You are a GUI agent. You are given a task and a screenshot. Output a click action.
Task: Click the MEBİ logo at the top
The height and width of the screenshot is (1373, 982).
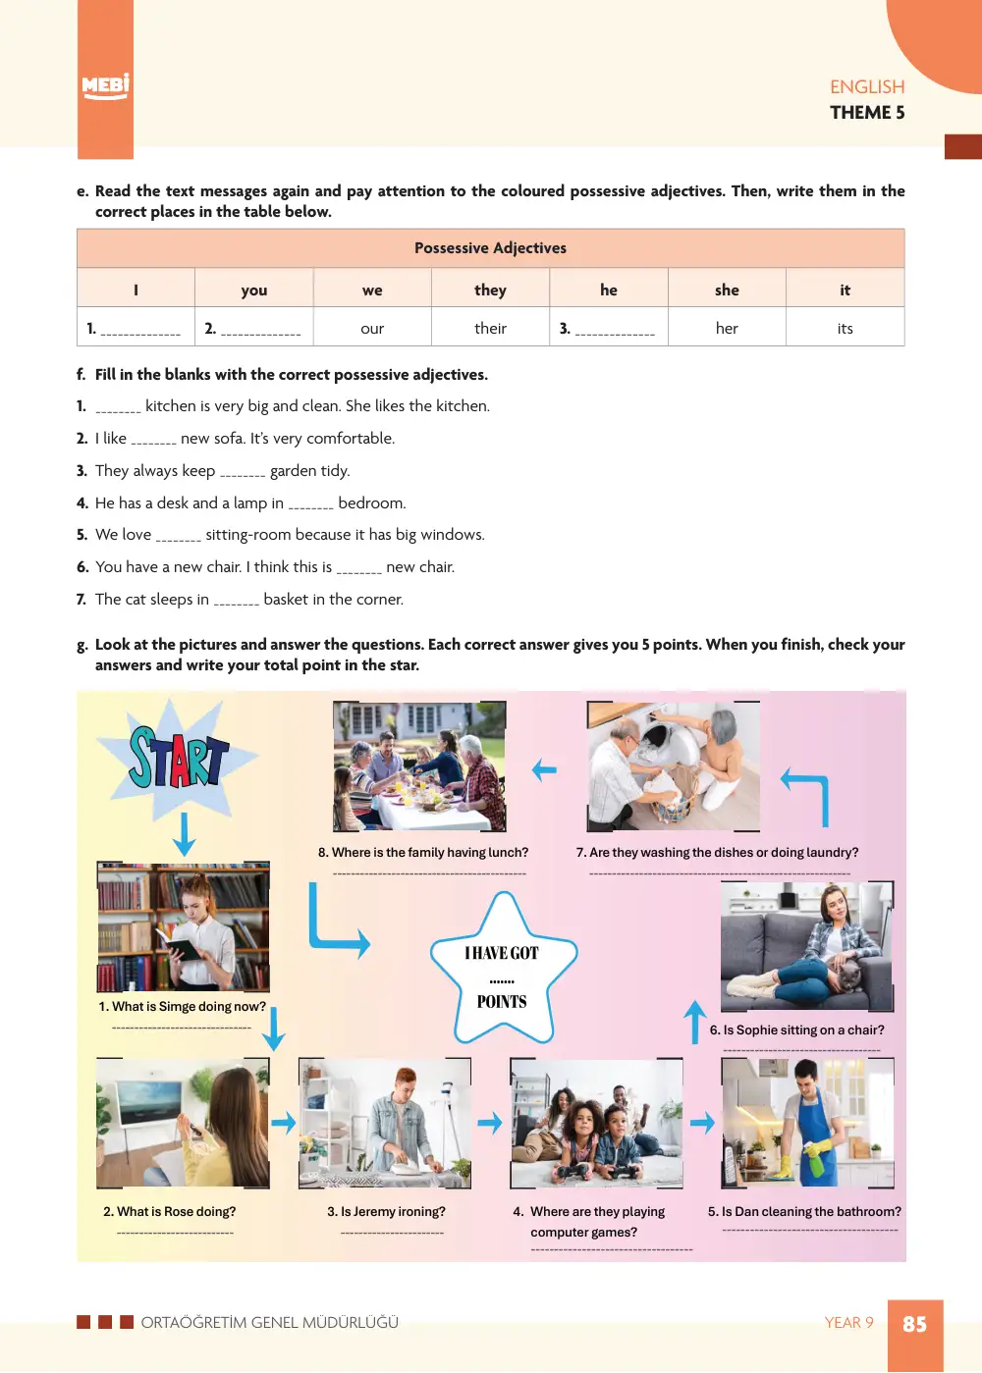point(105,86)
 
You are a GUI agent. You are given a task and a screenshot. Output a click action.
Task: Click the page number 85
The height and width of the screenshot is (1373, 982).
point(914,1323)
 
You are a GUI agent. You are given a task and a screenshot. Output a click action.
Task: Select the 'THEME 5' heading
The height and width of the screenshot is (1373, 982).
point(867,113)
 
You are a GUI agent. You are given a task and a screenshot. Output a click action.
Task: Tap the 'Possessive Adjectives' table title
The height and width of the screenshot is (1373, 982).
point(490,248)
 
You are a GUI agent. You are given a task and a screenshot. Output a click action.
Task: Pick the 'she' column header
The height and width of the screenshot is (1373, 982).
point(727,290)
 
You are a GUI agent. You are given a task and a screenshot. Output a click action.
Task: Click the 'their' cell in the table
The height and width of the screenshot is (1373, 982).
point(490,329)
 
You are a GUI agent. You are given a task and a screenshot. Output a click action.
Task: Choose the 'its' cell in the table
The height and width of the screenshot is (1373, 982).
point(845,329)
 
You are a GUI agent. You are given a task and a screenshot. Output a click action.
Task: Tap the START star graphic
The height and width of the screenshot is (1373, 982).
point(178,758)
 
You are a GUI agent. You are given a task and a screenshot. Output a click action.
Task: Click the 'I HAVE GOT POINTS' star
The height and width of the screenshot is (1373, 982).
point(503,970)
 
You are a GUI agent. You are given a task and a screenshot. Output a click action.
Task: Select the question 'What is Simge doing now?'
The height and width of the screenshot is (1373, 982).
point(183,1007)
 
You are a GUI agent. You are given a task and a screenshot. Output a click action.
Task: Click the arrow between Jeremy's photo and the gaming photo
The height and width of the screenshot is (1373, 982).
point(489,1123)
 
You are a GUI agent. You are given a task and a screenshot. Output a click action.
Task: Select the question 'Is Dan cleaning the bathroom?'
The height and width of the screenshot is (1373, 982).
point(804,1212)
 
